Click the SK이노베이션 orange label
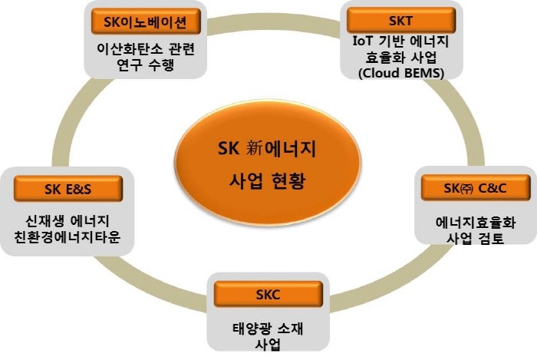point(146,21)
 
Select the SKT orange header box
point(401,21)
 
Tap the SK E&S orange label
point(68,189)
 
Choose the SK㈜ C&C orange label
point(476,188)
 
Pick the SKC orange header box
point(268,294)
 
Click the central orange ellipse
point(268,163)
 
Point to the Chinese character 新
point(254,149)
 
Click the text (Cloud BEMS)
point(401,73)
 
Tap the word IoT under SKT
point(362,41)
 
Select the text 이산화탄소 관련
point(146,48)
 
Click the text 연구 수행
point(146,64)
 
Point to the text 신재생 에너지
point(68,220)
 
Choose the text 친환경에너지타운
point(68,236)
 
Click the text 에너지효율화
point(476,223)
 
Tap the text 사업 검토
point(476,239)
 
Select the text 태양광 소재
point(268,329)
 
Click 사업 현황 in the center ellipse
point(267,180)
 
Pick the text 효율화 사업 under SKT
point(401,58)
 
